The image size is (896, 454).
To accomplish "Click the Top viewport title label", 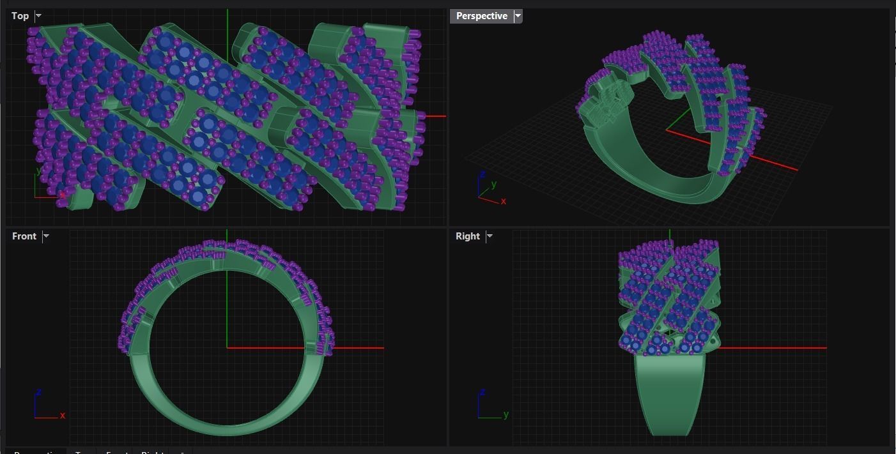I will (20, 16).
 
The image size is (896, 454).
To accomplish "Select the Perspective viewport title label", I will (481, 16).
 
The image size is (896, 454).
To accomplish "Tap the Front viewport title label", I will (24, 236).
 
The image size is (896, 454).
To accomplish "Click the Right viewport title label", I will (467, 236).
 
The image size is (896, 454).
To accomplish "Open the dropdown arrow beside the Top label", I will (38, 16).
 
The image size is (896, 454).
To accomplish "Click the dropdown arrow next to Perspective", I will (518, 16).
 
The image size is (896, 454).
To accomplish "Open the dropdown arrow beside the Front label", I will (46, 236).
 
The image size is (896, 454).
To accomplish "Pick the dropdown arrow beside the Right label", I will (490, 236).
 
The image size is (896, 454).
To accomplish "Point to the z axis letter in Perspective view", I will (483, 174).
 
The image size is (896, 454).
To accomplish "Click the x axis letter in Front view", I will (63, 415).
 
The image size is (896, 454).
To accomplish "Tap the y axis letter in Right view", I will (506, 414).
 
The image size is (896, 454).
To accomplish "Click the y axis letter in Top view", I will (39, 170).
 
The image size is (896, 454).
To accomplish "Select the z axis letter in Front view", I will (39, 391).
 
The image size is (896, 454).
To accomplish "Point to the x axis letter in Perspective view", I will (504, 201).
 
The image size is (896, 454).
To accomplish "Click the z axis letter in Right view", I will (483, 391).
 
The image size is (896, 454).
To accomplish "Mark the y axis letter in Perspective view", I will (493, 185).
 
